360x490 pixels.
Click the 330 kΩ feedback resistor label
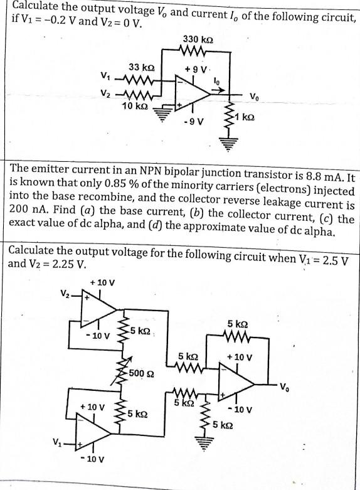[x=197, y=39]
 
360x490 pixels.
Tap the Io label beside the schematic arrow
[x=216, y=80]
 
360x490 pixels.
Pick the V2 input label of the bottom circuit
[x=64, y=292]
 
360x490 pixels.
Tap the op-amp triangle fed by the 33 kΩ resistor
[x=192, y=93]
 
